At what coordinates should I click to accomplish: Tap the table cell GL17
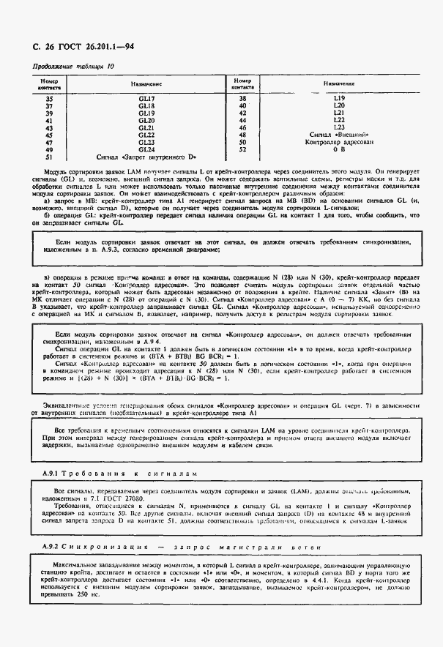146,98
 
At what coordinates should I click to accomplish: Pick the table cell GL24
146,149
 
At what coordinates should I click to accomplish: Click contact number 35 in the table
50,98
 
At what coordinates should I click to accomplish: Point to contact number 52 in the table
242,149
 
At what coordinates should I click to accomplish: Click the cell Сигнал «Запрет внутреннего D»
146,157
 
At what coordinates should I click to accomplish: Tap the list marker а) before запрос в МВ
47,201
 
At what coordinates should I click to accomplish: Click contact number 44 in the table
242,120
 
